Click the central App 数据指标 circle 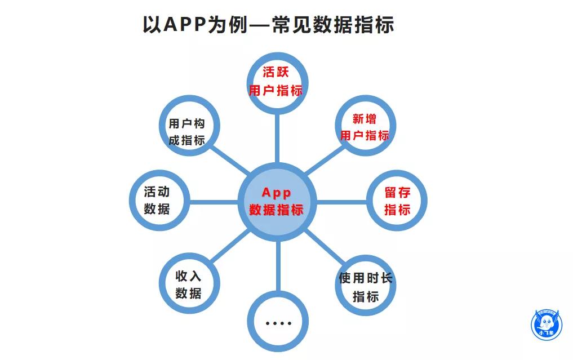click(x=277, y=201)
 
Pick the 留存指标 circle click(x=397, y=201)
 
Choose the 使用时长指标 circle click(x=365, y=287)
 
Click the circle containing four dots click(x=278, y=322)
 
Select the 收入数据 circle click(x=189, y=285)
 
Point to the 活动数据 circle click(x=157, y=200)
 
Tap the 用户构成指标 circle click(x=187, y=132)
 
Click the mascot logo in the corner click(x=547, y=325)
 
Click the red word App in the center click(x=276, y=193)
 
